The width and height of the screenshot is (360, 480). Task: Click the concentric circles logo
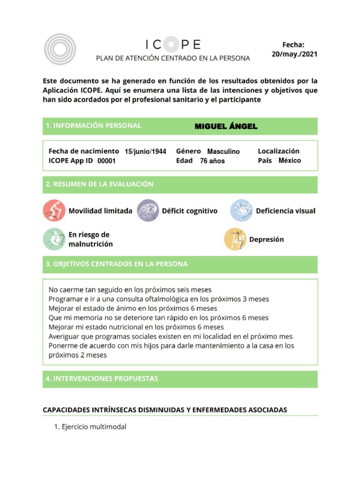click(x=60, y=49)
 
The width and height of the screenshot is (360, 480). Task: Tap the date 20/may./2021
click(x=294, y=54)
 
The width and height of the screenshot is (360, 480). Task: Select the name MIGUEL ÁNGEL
click(x=226, y=127)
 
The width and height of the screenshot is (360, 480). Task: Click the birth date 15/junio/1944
click(x=145, y=151)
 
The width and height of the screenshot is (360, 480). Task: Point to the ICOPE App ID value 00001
click(x=106, y=161)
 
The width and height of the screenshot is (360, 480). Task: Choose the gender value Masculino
click(x=223, y=151)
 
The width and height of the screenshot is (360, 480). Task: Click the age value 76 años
click(x=212, y=161)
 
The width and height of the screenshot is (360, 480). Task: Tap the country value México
click(x=290, y=160)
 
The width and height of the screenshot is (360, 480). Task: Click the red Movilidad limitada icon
click(x=54, y=210)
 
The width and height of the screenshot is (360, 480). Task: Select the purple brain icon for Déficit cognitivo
click(x=148, y=210)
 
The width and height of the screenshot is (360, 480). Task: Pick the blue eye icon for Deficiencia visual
click(x=241, y=210)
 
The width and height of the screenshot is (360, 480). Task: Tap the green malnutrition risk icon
click(x=54, y=239)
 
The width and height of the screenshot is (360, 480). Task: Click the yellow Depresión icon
click(x=235, y=239)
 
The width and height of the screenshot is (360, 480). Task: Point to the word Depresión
click(x=266, y=240)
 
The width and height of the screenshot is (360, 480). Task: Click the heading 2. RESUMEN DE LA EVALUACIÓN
click(x=99, y=184)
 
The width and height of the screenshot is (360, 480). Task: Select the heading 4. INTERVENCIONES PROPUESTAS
click(x=102, y=379)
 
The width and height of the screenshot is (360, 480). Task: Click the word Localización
click(x=278, y=151)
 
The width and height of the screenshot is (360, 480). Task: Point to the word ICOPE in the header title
click(x=173, y=45)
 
